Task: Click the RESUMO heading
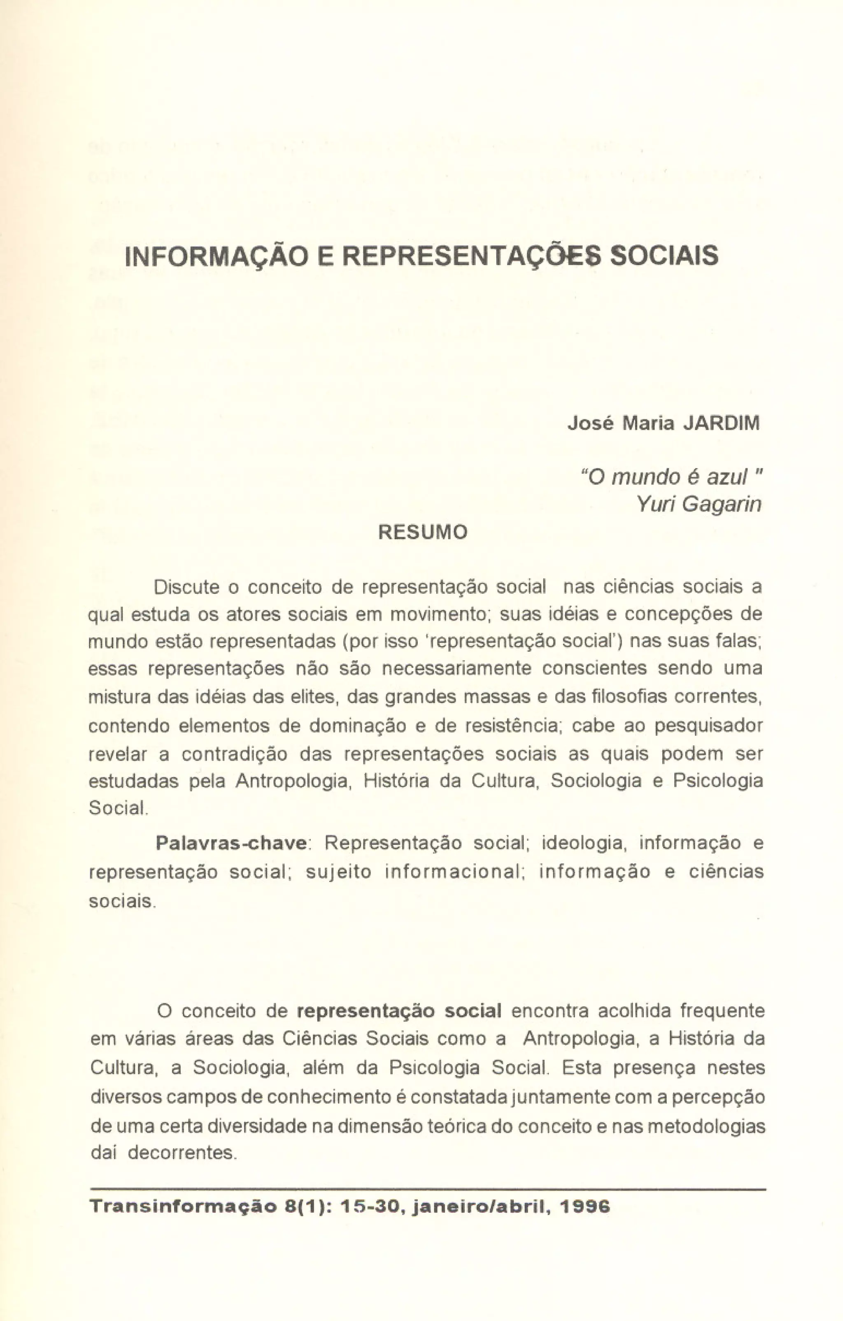pyautogui.click(x=423, y=532)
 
